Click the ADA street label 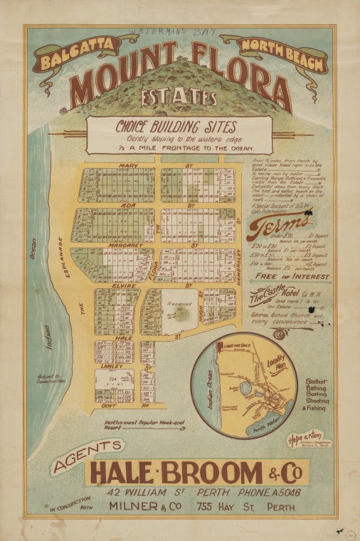(128, 204)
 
